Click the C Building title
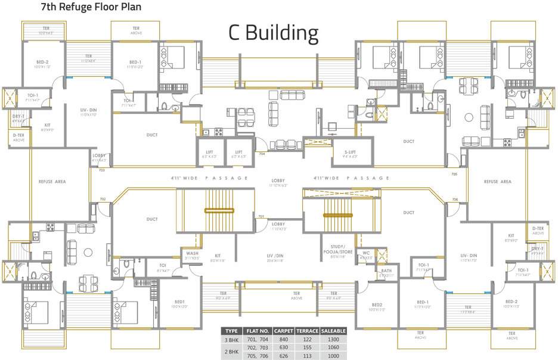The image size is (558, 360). [x=274, y=33]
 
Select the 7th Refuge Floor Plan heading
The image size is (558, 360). [x=82, y=8]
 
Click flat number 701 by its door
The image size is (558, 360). [x=261, y=216]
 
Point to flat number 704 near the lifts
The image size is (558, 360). [x=261, y=154]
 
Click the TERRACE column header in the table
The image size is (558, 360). [x=307, y=331]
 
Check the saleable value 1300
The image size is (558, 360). [x=334, y=339]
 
